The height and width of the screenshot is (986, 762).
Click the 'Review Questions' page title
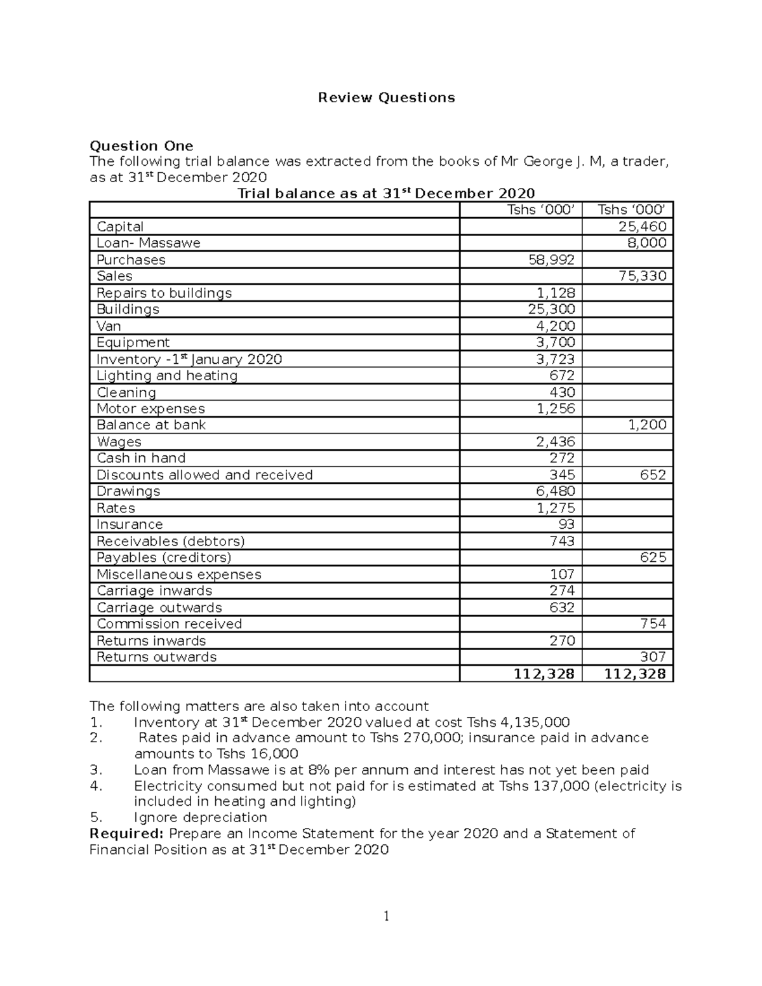click(386, 98)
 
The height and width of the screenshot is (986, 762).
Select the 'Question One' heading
click(141, 145)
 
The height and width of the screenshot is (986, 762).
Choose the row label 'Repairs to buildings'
click(164, 293)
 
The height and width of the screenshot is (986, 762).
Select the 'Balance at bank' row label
click(151, 425)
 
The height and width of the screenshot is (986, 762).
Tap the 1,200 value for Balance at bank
click(647, 425)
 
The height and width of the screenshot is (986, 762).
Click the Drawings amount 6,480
click(556, 491)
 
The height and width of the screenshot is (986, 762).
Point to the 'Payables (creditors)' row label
click(164, 557)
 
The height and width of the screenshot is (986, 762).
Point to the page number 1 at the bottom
click(386, 916)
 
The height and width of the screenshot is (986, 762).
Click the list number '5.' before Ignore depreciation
click(96, 818)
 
